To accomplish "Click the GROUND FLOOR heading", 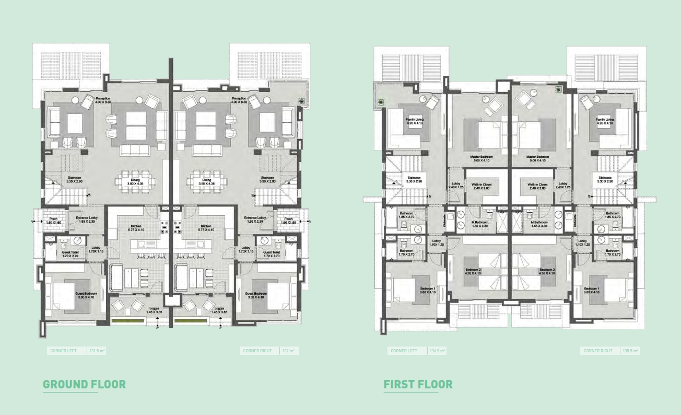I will pyautogui.click(x=84, y=385).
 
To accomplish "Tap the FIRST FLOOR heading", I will pyautogui.click(x=418, y=385).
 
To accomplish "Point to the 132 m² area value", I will pyautogui.click(x=289, y=351).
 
